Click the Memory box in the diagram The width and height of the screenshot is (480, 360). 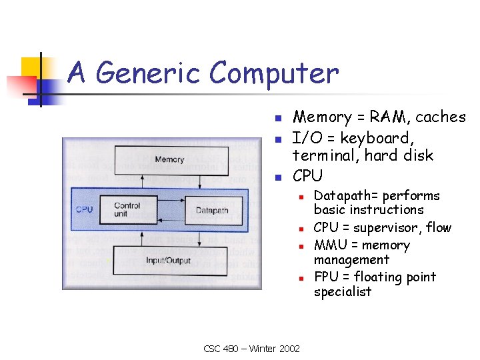point(169,159)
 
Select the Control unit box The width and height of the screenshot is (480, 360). point(127,209)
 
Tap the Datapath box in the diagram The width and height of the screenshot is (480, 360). point(212,211)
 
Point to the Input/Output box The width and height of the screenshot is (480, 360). point(169,260)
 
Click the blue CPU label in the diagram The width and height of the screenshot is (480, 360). point(85,209)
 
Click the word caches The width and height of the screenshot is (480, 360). point(441,117)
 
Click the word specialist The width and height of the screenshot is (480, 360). point(343,292)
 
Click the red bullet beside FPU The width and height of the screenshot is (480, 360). point(301,278)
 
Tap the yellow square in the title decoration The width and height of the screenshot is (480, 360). point(31,67)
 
